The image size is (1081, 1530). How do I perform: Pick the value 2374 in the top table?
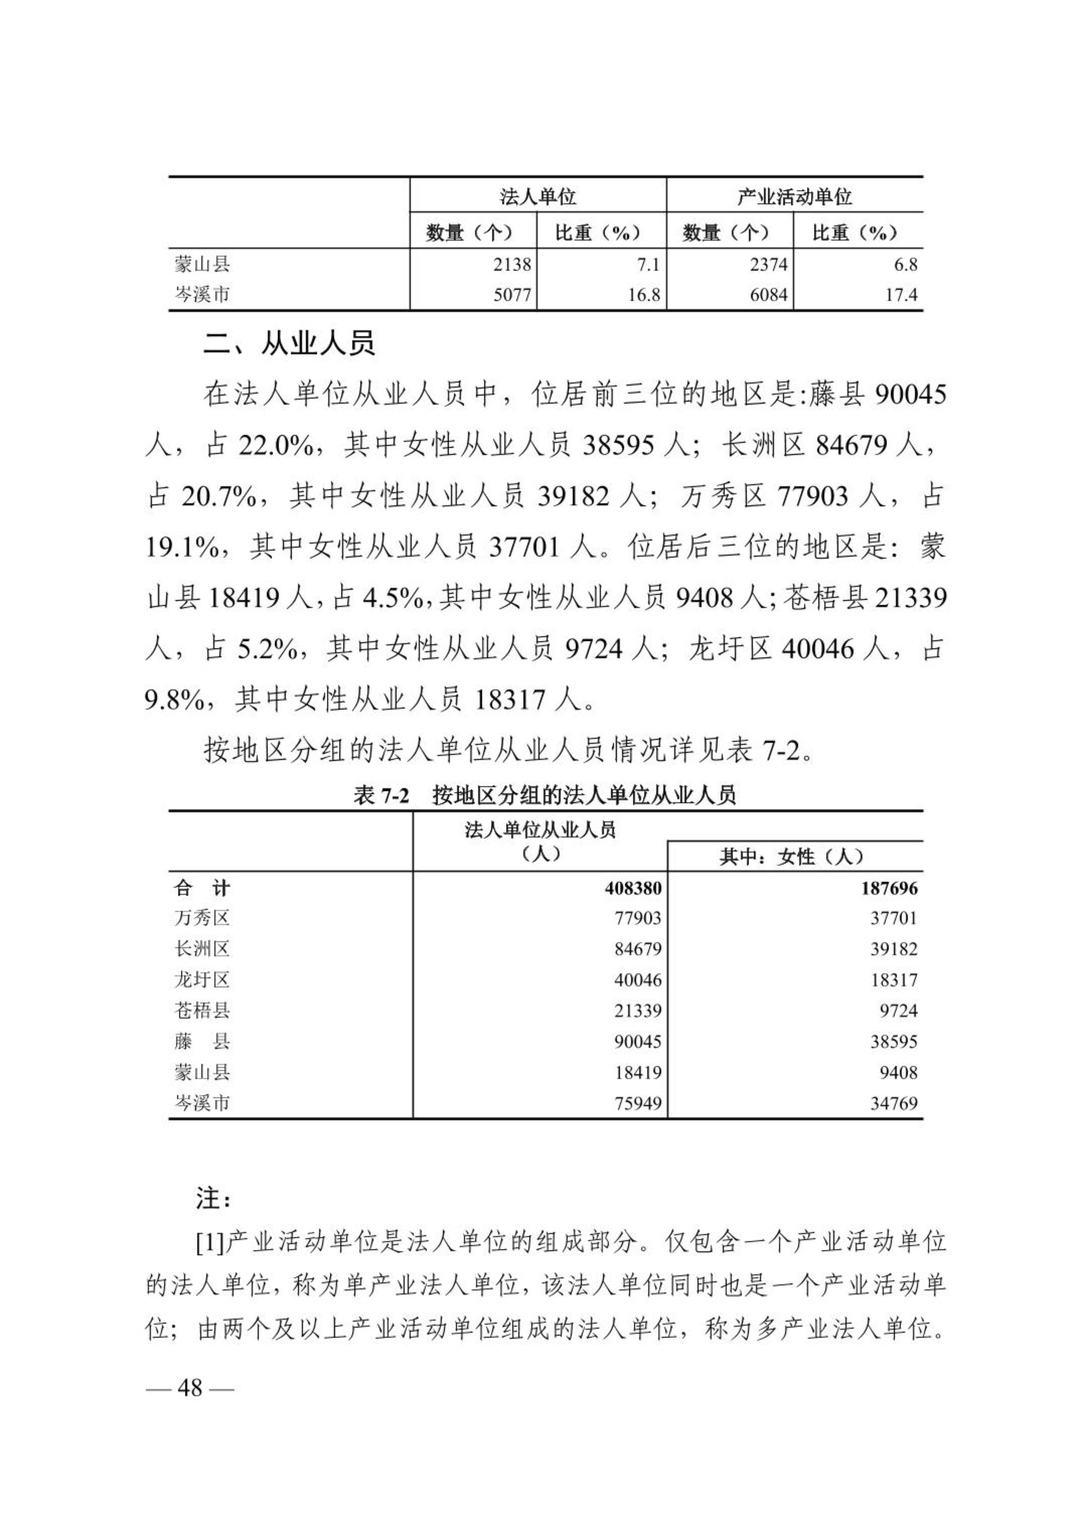(x=768, y=264)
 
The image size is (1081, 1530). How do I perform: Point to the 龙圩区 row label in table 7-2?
(x=202, y=980)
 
